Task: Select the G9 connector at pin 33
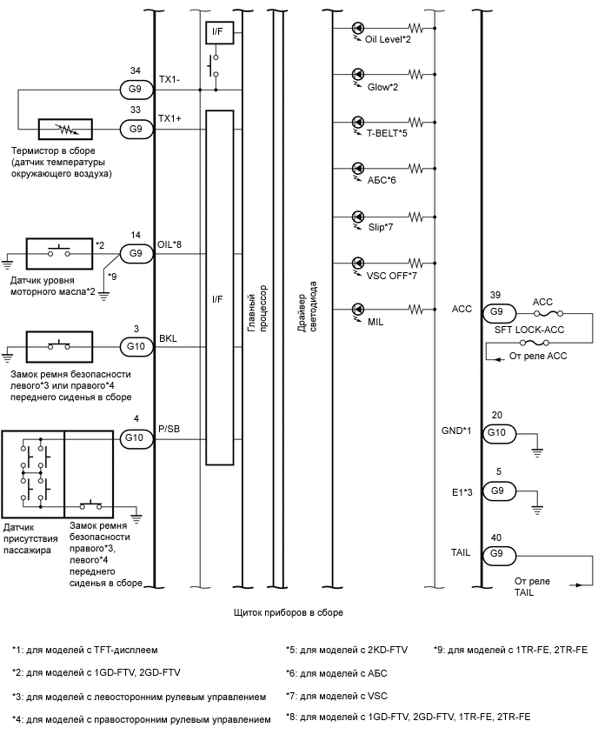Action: point(136,129)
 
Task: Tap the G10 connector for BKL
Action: point(136,345)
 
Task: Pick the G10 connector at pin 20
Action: point(496,432)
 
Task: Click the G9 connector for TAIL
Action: point(496,553)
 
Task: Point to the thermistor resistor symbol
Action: point(60,129)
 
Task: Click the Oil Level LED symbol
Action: point(357,28)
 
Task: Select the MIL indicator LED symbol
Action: point(357,309)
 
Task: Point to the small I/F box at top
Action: point(216,33)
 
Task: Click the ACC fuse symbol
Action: point(542,311)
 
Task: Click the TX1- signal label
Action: point(169,79)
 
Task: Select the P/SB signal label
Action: point(169,430)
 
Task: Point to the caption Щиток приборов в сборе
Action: point(289,612)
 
